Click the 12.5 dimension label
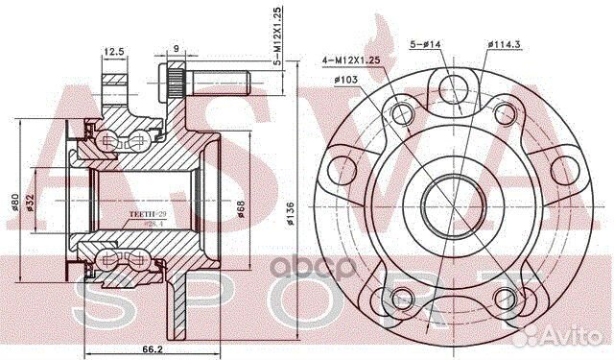coord(115,52)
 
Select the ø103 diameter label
coord(346,80)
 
